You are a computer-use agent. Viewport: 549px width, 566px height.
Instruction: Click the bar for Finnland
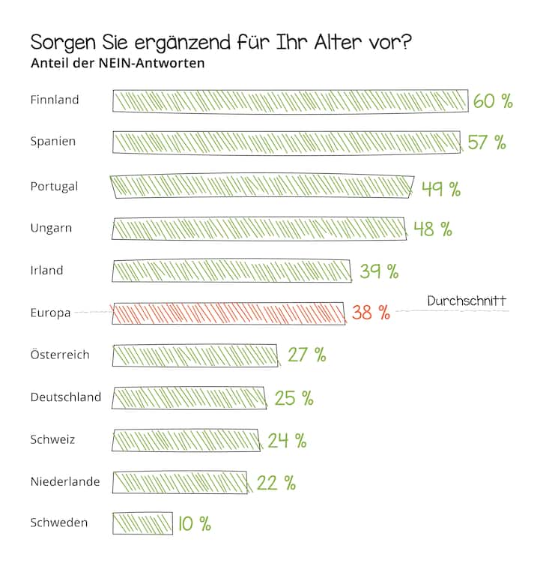pos(291,100)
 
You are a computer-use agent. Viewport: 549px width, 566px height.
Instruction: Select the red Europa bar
pos(228,313)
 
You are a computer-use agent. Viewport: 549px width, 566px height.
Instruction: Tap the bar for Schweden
pos(142,523)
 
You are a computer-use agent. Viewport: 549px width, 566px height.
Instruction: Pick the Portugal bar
pos(262,186)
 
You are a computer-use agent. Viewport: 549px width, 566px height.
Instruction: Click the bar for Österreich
pos(195,355)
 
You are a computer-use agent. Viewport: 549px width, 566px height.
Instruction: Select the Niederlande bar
pos(180,482)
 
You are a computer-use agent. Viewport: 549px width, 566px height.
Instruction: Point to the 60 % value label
pos(493,101)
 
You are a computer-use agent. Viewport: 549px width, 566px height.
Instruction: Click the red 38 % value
pos(371,313)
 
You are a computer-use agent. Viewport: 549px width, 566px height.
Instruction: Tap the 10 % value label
pos(195,524)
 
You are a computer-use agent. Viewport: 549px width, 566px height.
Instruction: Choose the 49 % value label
pos(441,189)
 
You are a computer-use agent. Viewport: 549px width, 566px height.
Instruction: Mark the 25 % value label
pos(294,398)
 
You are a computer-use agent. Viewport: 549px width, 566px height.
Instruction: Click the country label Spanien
pos(53,142)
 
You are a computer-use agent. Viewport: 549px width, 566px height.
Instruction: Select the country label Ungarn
pos(51,229)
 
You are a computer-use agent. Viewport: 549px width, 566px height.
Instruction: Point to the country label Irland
pos(47,271)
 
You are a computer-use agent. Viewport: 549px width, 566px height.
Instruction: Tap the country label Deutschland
pos(66,397)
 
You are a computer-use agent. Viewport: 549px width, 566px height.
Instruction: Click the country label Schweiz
pos(52,439)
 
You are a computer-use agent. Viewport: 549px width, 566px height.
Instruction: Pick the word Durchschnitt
pos(467,301)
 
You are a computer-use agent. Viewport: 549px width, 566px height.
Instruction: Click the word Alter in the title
pos(338,42)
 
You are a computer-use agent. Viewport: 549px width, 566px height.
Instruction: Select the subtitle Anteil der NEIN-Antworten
pos(118,63)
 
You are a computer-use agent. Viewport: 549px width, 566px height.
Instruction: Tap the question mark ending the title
pos(407,42)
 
